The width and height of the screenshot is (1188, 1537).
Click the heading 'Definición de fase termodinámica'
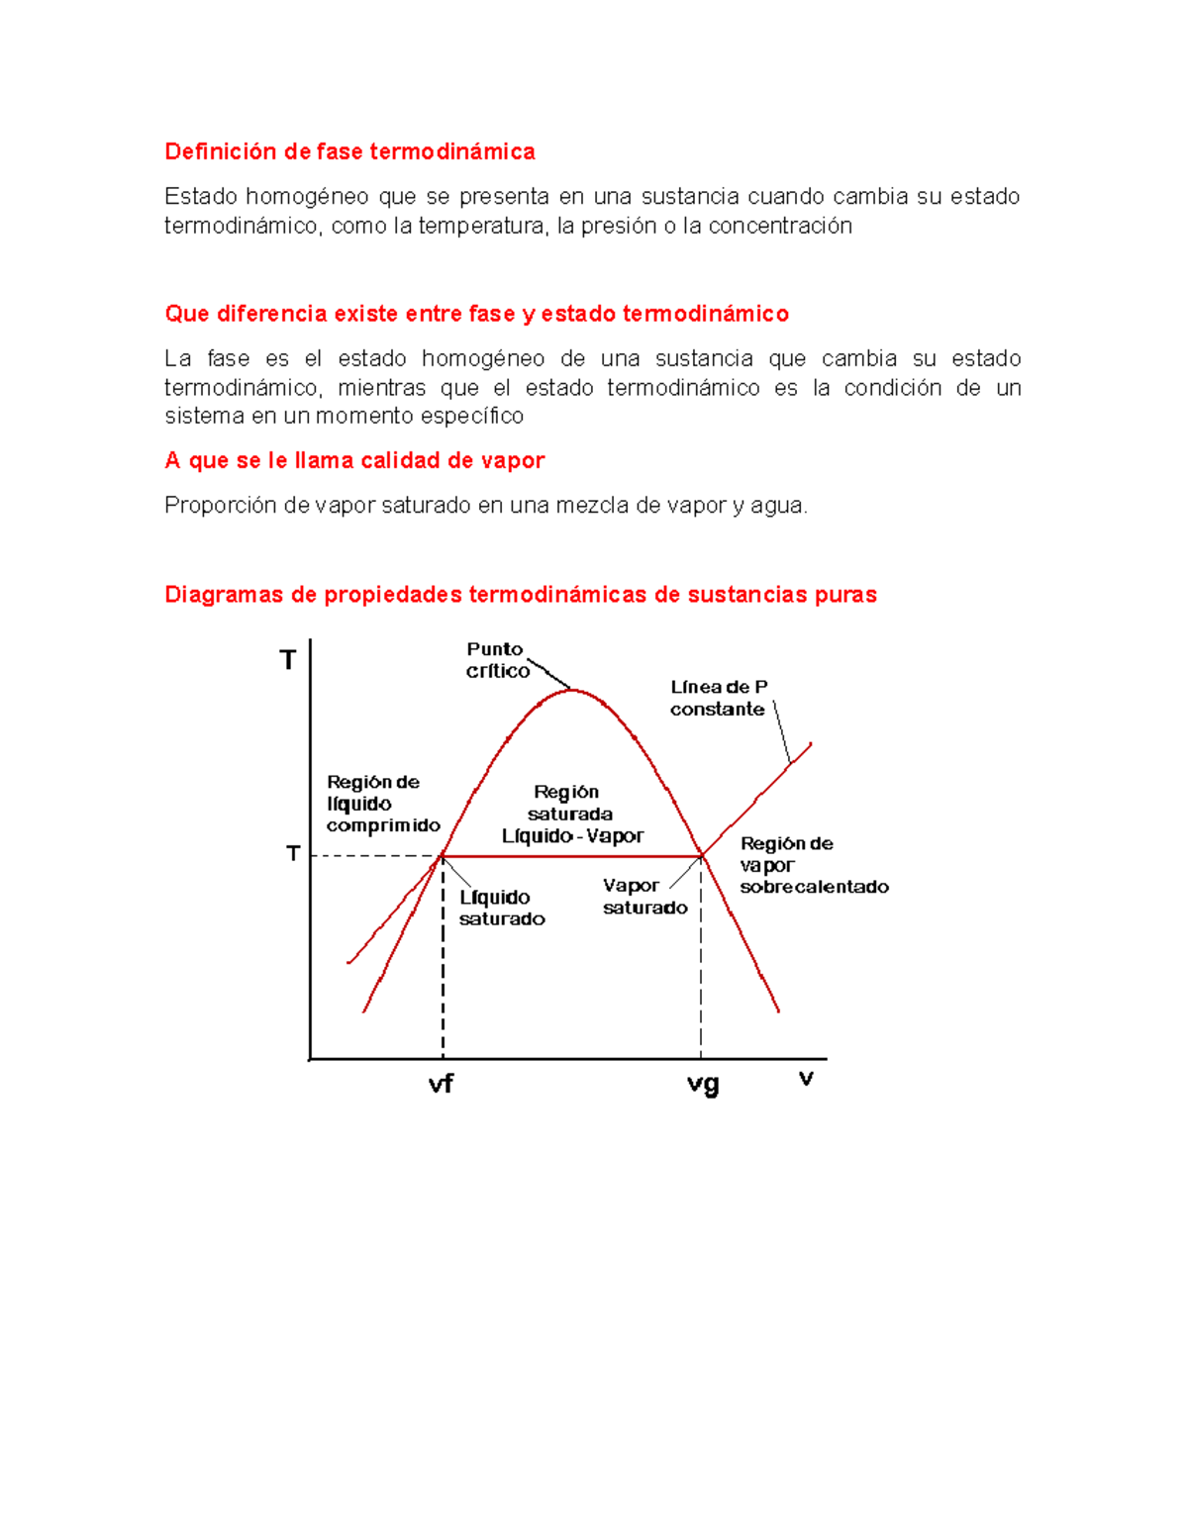349,151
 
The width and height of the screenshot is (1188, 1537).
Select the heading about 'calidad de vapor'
354,460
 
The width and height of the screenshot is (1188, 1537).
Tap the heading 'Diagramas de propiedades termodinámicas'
520,595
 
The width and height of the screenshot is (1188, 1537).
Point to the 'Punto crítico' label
497,660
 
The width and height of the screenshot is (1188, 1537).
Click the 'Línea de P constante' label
719,698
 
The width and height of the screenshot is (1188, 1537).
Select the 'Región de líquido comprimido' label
382,804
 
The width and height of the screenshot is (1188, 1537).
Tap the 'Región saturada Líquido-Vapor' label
571,815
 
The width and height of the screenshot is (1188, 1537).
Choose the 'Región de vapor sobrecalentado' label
813,865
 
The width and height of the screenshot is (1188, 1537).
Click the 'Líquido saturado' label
501,908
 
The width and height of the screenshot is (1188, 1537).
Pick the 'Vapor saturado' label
644,897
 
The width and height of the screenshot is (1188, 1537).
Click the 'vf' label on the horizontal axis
441,1084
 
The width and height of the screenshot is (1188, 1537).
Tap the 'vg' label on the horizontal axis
703,1084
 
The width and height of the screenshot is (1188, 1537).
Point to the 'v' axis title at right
806,1078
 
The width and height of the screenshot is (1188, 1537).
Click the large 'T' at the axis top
288,660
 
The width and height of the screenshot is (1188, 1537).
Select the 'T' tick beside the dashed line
293,853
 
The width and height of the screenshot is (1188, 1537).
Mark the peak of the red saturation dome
573,690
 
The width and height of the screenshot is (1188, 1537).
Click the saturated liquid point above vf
443,855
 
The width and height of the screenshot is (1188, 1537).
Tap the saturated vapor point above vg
701,855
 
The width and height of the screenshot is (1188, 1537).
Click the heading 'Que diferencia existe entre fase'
476,314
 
